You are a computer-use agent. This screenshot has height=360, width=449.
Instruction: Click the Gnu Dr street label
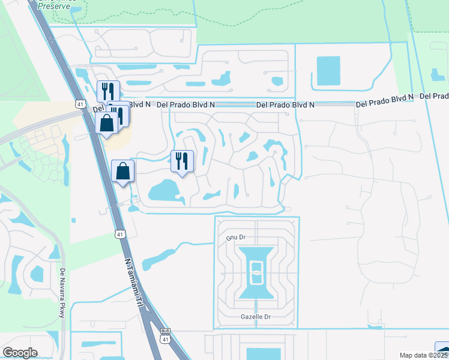[x=236, y=238]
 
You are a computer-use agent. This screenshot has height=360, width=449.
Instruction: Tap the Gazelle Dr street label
[x=256, y=317]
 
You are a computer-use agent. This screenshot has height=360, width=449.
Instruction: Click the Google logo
[x=20, y=353]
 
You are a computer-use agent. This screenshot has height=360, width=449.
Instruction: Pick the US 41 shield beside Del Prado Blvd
[x=80, y=104]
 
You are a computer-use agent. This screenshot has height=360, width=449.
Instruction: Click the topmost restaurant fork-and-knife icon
[x=108, y=91]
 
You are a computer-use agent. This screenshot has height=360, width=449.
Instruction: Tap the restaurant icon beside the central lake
[x=182, y=161]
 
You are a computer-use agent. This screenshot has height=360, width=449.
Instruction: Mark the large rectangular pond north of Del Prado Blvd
[x=327, y=70]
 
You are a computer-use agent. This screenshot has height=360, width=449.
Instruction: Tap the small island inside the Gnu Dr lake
[x=256, y=273]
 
